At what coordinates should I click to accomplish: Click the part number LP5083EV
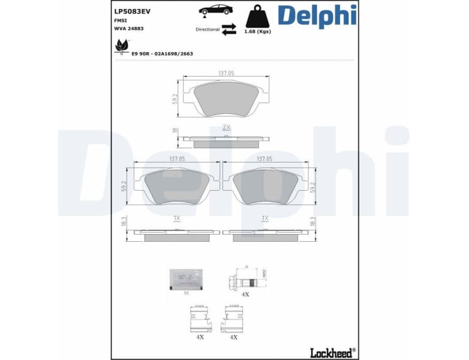[x=131, y=10]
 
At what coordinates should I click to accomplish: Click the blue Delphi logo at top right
[x=317, y=16]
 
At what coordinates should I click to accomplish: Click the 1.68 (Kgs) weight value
[x=257, y=32]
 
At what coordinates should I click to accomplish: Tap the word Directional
[x=208, y=29]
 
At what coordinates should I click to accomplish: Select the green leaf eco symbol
[x=122, y=46]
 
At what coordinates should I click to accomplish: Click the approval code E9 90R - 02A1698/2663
[x=162, y=53]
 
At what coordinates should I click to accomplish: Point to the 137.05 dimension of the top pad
[x=226, y=73]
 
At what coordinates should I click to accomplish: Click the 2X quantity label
[x=226, y=127]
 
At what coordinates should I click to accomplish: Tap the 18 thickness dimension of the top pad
[x=175, y=130]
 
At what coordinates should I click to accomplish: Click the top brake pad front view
[x=226, y=98]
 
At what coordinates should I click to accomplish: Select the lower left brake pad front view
[x=176, y=186]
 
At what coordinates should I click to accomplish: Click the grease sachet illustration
[x=186, y=278]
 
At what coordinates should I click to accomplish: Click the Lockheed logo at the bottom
[x=332, y=352]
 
